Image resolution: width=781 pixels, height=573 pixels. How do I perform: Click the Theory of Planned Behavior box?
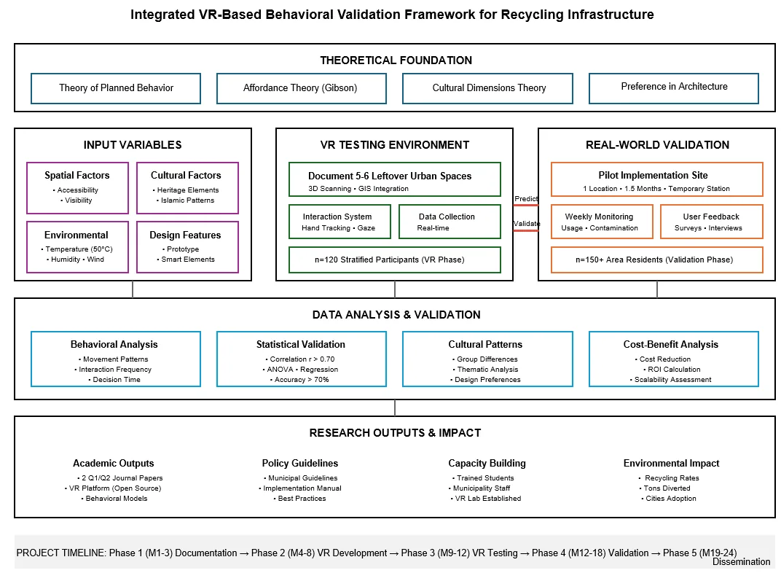[x=116, y=88]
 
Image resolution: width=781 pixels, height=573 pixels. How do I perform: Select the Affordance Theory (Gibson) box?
[x=302, y=88]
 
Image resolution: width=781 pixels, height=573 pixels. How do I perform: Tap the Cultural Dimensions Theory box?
[x=487, y=88]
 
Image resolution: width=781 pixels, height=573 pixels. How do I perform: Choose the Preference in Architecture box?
[x=674, y=88]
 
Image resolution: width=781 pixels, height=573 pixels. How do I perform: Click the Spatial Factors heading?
[x=76, y=176]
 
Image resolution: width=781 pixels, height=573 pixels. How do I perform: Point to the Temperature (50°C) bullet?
[x=77, y=249]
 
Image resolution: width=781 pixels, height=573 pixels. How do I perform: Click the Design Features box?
[x=188, y=247]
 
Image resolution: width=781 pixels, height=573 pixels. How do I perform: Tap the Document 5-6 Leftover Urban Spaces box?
[x=394, y=179]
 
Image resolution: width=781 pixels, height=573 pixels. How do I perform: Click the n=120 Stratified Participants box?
[x=394, y=260]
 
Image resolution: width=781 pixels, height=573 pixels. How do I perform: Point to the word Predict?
[x=526, y=199]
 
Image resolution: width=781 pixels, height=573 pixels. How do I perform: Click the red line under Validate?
[x=526, y=230]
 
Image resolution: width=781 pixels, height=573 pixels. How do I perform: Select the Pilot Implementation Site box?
[x=657, y=179]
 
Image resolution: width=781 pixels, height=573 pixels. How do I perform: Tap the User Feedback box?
[x=712, y=222]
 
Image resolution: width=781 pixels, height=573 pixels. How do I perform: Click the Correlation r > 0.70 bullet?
[x=300, y=359]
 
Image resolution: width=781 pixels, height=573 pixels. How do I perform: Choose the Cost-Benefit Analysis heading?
[x=671, y=344]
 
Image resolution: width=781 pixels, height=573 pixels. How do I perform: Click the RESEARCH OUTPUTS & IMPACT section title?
[x=395, y=433]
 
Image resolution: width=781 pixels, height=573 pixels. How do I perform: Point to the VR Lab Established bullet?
[x=486, y=499]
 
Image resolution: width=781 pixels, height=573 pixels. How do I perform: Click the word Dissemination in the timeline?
[x=741, y=562]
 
